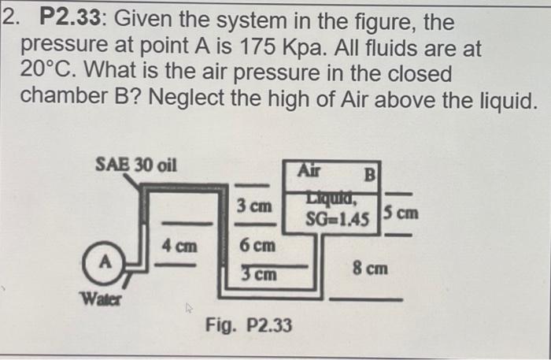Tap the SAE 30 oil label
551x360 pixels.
[135, 165]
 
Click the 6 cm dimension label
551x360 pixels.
[258, 245]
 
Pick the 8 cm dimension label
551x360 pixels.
[370, 269]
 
